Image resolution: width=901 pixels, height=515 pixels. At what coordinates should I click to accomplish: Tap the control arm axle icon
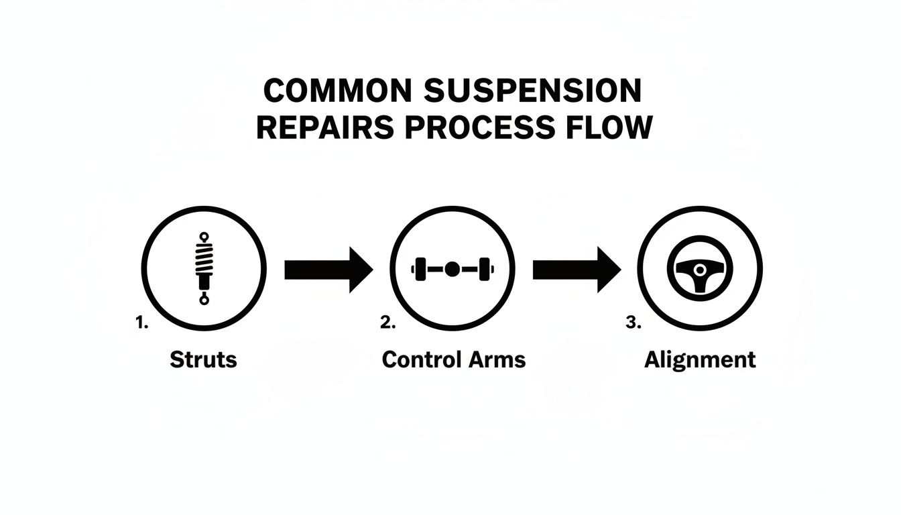point(452,269)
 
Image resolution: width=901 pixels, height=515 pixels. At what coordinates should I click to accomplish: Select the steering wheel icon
point(700,270)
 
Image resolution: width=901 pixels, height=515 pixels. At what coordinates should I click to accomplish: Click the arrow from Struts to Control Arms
point(328,270)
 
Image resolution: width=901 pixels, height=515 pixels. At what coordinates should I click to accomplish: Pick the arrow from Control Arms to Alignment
point(577,270)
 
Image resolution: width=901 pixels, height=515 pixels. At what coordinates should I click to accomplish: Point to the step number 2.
point(387,323)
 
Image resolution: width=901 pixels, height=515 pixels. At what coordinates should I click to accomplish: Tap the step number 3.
point(634,323)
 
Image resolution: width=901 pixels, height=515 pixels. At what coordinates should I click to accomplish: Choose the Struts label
point(203,359)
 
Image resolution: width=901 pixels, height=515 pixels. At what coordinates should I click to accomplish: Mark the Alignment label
point(700,359)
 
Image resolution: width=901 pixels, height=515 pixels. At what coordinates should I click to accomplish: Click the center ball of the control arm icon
point(452,269)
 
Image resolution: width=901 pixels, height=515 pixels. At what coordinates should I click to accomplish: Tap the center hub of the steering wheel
point(700,269)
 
